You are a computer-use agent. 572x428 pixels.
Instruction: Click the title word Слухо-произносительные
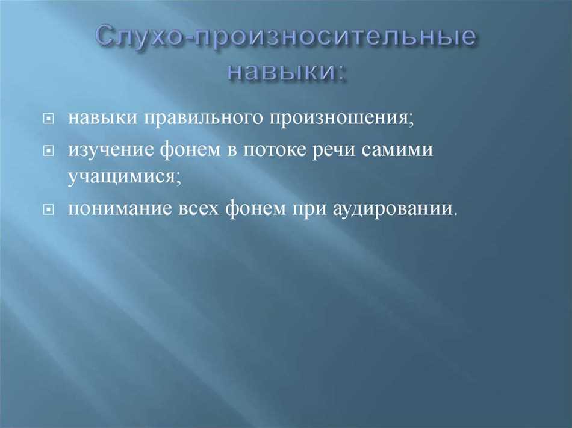click(287, 37)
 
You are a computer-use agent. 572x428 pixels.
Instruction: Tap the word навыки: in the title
click(287, 70)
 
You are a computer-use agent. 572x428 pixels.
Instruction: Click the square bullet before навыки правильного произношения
click(48, 119)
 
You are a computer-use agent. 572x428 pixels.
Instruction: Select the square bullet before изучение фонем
click(48, 150)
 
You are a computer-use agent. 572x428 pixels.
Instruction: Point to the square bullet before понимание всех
click(48, 209)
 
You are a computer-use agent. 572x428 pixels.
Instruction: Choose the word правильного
click(203, 118)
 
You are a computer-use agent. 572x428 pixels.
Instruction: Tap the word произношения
click(342, 118)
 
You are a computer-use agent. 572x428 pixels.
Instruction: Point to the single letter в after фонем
click(232, 150)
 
